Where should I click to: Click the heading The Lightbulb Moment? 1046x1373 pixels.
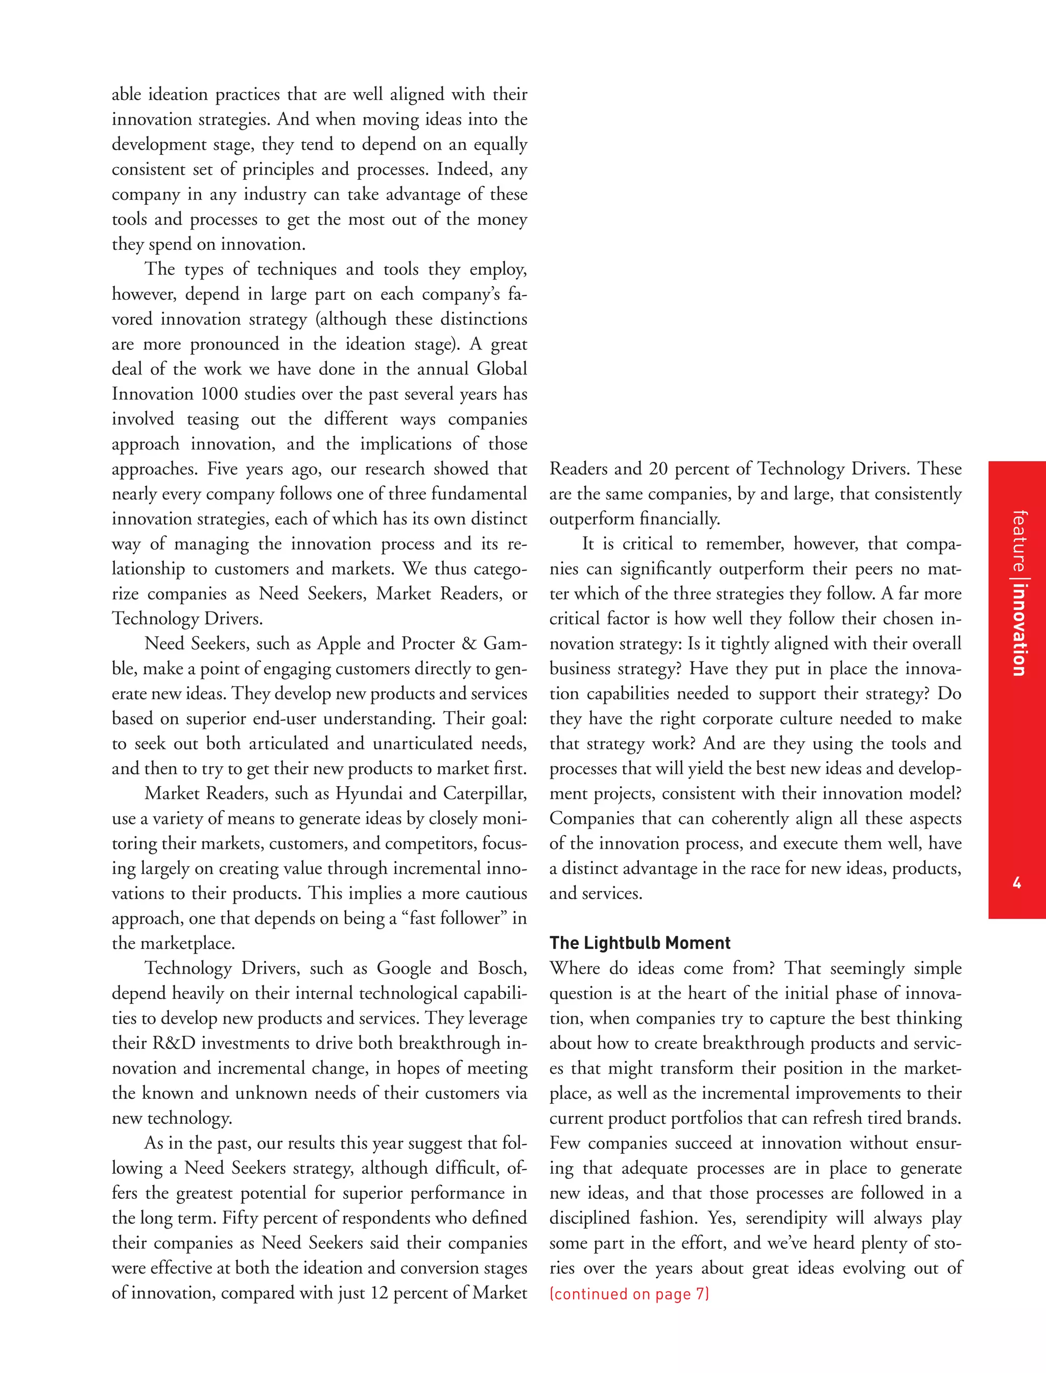point(639,943)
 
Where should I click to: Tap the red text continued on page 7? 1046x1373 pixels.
point(629,1294)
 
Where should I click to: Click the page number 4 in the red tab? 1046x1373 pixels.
point(1017,882)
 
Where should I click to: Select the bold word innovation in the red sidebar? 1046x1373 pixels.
point(1018,629)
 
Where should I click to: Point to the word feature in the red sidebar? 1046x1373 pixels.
point(1018,540)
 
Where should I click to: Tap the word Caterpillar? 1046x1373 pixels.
point(485,793)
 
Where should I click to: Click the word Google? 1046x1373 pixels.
point(404,968)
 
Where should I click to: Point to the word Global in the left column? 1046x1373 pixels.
point(502,369)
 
